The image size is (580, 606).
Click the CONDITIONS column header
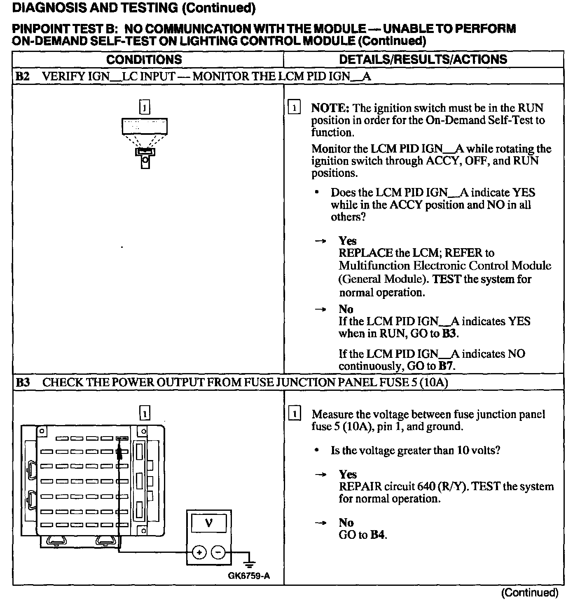coord(144,59)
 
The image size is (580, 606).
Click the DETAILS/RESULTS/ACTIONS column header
coord(423,59)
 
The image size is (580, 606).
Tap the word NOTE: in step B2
coord(330,108)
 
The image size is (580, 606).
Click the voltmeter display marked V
coord(209,524)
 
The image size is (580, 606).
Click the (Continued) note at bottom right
coord(529,593)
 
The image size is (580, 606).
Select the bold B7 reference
coord(446,366)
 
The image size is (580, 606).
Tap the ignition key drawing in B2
coord(145,157)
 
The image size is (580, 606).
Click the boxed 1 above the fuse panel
coord(145,413)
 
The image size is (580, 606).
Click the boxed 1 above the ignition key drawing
coord(145,108)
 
